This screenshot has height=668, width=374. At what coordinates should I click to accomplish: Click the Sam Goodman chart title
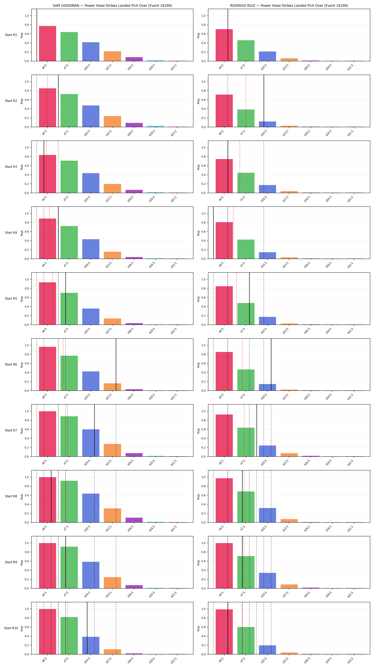[112, 6]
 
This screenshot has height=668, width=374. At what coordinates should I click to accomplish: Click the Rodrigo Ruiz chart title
[289, 6]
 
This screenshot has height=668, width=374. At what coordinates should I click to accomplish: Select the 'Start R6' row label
[11, 364]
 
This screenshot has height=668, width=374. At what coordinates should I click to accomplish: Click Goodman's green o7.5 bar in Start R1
[69, 47]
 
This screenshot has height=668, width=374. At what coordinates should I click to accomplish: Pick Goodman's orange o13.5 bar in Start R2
[113, 121]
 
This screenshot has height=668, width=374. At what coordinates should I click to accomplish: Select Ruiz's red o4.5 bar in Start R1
[224, 45]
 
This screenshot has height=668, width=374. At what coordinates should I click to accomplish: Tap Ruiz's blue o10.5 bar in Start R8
[267, 515]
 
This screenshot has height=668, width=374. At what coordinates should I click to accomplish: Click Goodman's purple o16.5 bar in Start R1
[134, 59]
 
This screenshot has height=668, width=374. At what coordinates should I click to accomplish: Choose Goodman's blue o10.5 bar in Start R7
[91, 443]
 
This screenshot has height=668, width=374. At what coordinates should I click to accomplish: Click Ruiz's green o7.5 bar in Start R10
[246, 641]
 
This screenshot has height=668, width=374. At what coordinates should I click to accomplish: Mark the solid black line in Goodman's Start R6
[116, 364]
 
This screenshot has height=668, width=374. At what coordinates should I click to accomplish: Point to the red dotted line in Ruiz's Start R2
[246, 101]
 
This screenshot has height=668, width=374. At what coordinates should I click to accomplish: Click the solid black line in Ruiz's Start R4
[213, 233]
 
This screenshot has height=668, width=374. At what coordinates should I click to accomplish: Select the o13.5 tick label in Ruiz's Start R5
[285, 331]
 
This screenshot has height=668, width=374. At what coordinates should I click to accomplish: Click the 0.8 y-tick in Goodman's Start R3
[27, 157]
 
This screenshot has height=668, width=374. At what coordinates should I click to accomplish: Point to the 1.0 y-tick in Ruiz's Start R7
[203, 411]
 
